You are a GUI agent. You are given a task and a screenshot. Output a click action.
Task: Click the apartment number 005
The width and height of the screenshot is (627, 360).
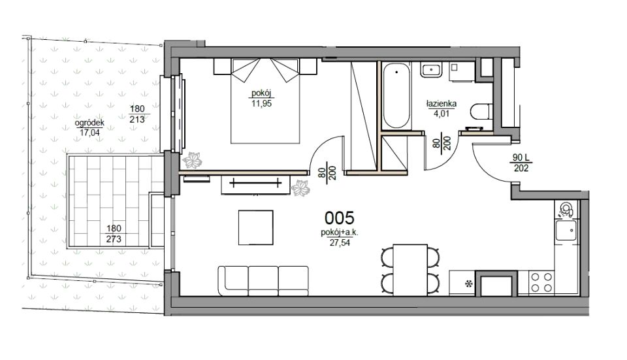point(339,218)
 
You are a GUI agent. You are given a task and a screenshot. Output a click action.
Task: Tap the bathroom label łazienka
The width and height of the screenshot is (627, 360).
point(442,104)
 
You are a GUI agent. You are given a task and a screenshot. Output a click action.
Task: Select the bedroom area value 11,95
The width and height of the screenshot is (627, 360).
point(261,104)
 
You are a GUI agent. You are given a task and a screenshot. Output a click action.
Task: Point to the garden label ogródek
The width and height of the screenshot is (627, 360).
point(89,123)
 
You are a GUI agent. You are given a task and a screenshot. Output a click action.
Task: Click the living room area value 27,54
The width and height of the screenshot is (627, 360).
point(340,242)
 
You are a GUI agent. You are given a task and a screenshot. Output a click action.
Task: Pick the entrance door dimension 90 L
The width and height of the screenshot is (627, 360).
point(521,158)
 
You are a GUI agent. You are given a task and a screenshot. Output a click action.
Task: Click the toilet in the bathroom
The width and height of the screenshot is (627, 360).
point(481,112)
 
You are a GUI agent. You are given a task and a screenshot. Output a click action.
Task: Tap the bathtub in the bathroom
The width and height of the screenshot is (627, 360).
point(396,96)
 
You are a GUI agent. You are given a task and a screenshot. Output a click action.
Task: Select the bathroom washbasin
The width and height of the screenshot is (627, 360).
point(430,70)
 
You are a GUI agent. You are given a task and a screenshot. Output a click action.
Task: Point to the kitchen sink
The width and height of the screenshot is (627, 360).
point(566,229)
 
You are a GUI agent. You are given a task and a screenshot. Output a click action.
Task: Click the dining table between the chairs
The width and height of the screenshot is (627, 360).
point(410,270)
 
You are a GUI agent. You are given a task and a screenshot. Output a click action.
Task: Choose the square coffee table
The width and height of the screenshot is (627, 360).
point(256,227)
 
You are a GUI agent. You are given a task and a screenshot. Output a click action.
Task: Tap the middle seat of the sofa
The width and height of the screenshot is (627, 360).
point(263,281)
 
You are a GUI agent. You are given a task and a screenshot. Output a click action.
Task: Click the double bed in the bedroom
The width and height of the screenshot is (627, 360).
point(265,101)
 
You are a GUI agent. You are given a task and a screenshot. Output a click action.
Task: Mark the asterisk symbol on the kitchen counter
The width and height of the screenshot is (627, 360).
point(468,284)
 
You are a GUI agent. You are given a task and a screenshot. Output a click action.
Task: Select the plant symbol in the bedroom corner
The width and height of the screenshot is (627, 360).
point(192,161)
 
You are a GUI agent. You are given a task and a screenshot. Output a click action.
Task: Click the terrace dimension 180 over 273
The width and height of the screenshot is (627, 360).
point(114,234)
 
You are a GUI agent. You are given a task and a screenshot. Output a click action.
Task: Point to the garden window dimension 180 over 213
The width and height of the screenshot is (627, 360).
point(137,114)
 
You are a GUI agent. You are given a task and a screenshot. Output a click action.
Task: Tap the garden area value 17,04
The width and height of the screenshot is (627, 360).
point(89,133)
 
